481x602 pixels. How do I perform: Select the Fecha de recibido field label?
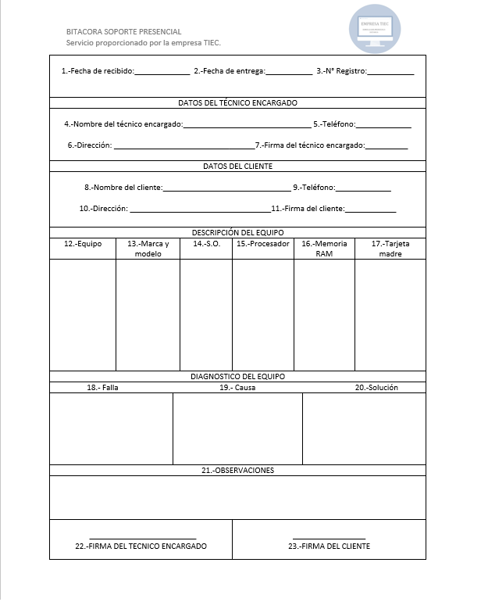tap(98, 71)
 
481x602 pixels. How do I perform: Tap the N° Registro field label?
tap(341, 71)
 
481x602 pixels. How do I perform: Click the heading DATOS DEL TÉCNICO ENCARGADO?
tap(237, 102)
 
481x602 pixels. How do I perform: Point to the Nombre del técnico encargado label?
tap(123, 124)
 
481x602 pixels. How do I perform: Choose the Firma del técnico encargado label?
tap(310, 145)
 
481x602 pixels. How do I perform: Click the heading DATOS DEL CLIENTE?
tap(237, 166)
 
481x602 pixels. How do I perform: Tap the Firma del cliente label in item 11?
tap(308, 209)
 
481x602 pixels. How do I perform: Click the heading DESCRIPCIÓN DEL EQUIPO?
tap(237, 232)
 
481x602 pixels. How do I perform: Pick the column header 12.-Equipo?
tap(83, 244)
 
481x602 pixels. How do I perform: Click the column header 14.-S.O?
tap(206, 244)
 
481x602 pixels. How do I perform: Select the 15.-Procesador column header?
tap(263, 244)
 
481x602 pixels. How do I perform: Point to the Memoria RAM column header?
tap(324, 249)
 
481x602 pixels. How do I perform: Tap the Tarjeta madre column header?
tap(390, 249)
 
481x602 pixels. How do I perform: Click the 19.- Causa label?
tap(237, 388)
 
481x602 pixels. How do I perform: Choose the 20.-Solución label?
tap(376, 388)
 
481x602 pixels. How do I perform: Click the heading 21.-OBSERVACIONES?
tap(237, 471)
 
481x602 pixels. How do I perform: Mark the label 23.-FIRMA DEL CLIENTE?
tap(329, 546)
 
